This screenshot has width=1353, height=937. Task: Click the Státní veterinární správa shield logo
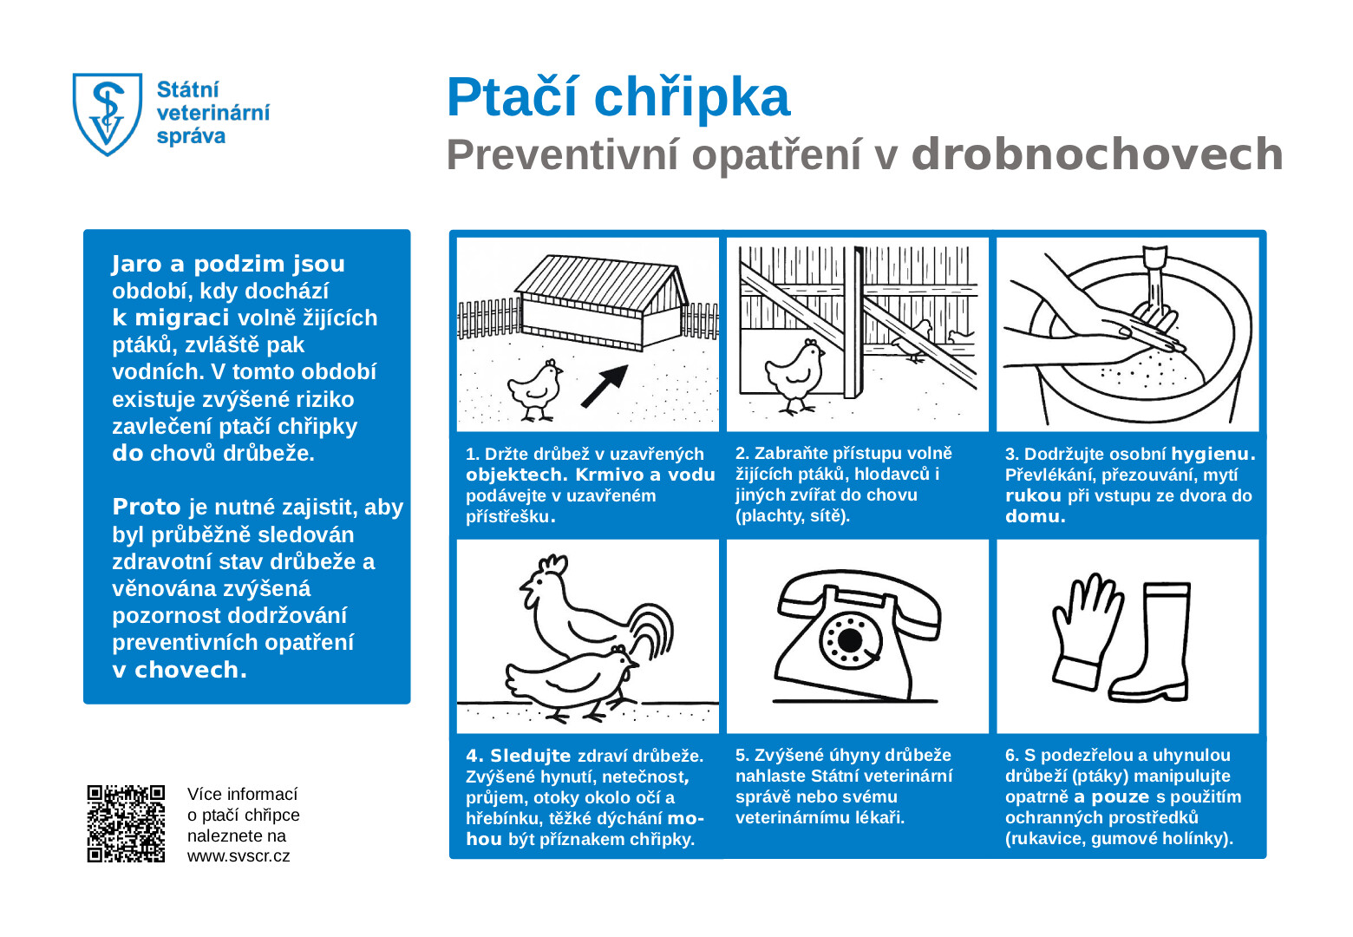point(107,114)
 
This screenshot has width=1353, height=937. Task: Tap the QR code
point(126,823)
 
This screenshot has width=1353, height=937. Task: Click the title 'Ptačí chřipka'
point(618,97)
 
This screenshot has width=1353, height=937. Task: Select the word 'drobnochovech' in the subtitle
point(1096,154)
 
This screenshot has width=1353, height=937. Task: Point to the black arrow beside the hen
point(605,385)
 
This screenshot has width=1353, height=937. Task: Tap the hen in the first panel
point(534,390)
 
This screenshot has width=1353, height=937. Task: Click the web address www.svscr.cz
point(239,856)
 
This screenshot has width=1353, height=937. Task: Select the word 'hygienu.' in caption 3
point(1212,454)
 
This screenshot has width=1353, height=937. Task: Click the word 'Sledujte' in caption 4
point(530,756)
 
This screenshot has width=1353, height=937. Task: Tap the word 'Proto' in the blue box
point(147,507)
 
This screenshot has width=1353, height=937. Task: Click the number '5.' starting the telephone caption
point(742,755)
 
